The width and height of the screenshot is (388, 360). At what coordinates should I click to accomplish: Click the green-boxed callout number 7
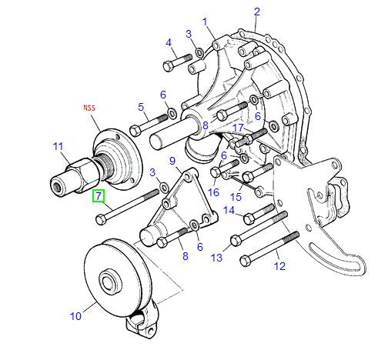click(x=99, y=196)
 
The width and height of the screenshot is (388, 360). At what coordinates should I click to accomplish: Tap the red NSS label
click(x=89, y=108)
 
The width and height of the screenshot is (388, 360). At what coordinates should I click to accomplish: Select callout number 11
click(x=58, y=147)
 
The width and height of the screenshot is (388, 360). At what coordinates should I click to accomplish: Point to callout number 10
click(x=75, y=316)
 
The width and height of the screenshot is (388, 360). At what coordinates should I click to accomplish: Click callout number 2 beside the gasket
click(x=257, y=12)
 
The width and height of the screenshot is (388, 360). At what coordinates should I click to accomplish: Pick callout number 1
click(x=205, y=22)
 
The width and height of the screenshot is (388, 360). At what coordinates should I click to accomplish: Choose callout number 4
click(x=169, y=42)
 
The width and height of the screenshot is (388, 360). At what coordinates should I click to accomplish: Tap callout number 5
click(x=141, y=107)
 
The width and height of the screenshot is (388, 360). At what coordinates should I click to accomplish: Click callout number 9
click(x=172, y=161)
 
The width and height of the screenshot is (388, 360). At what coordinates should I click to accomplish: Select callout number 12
click(x=279, y=266)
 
